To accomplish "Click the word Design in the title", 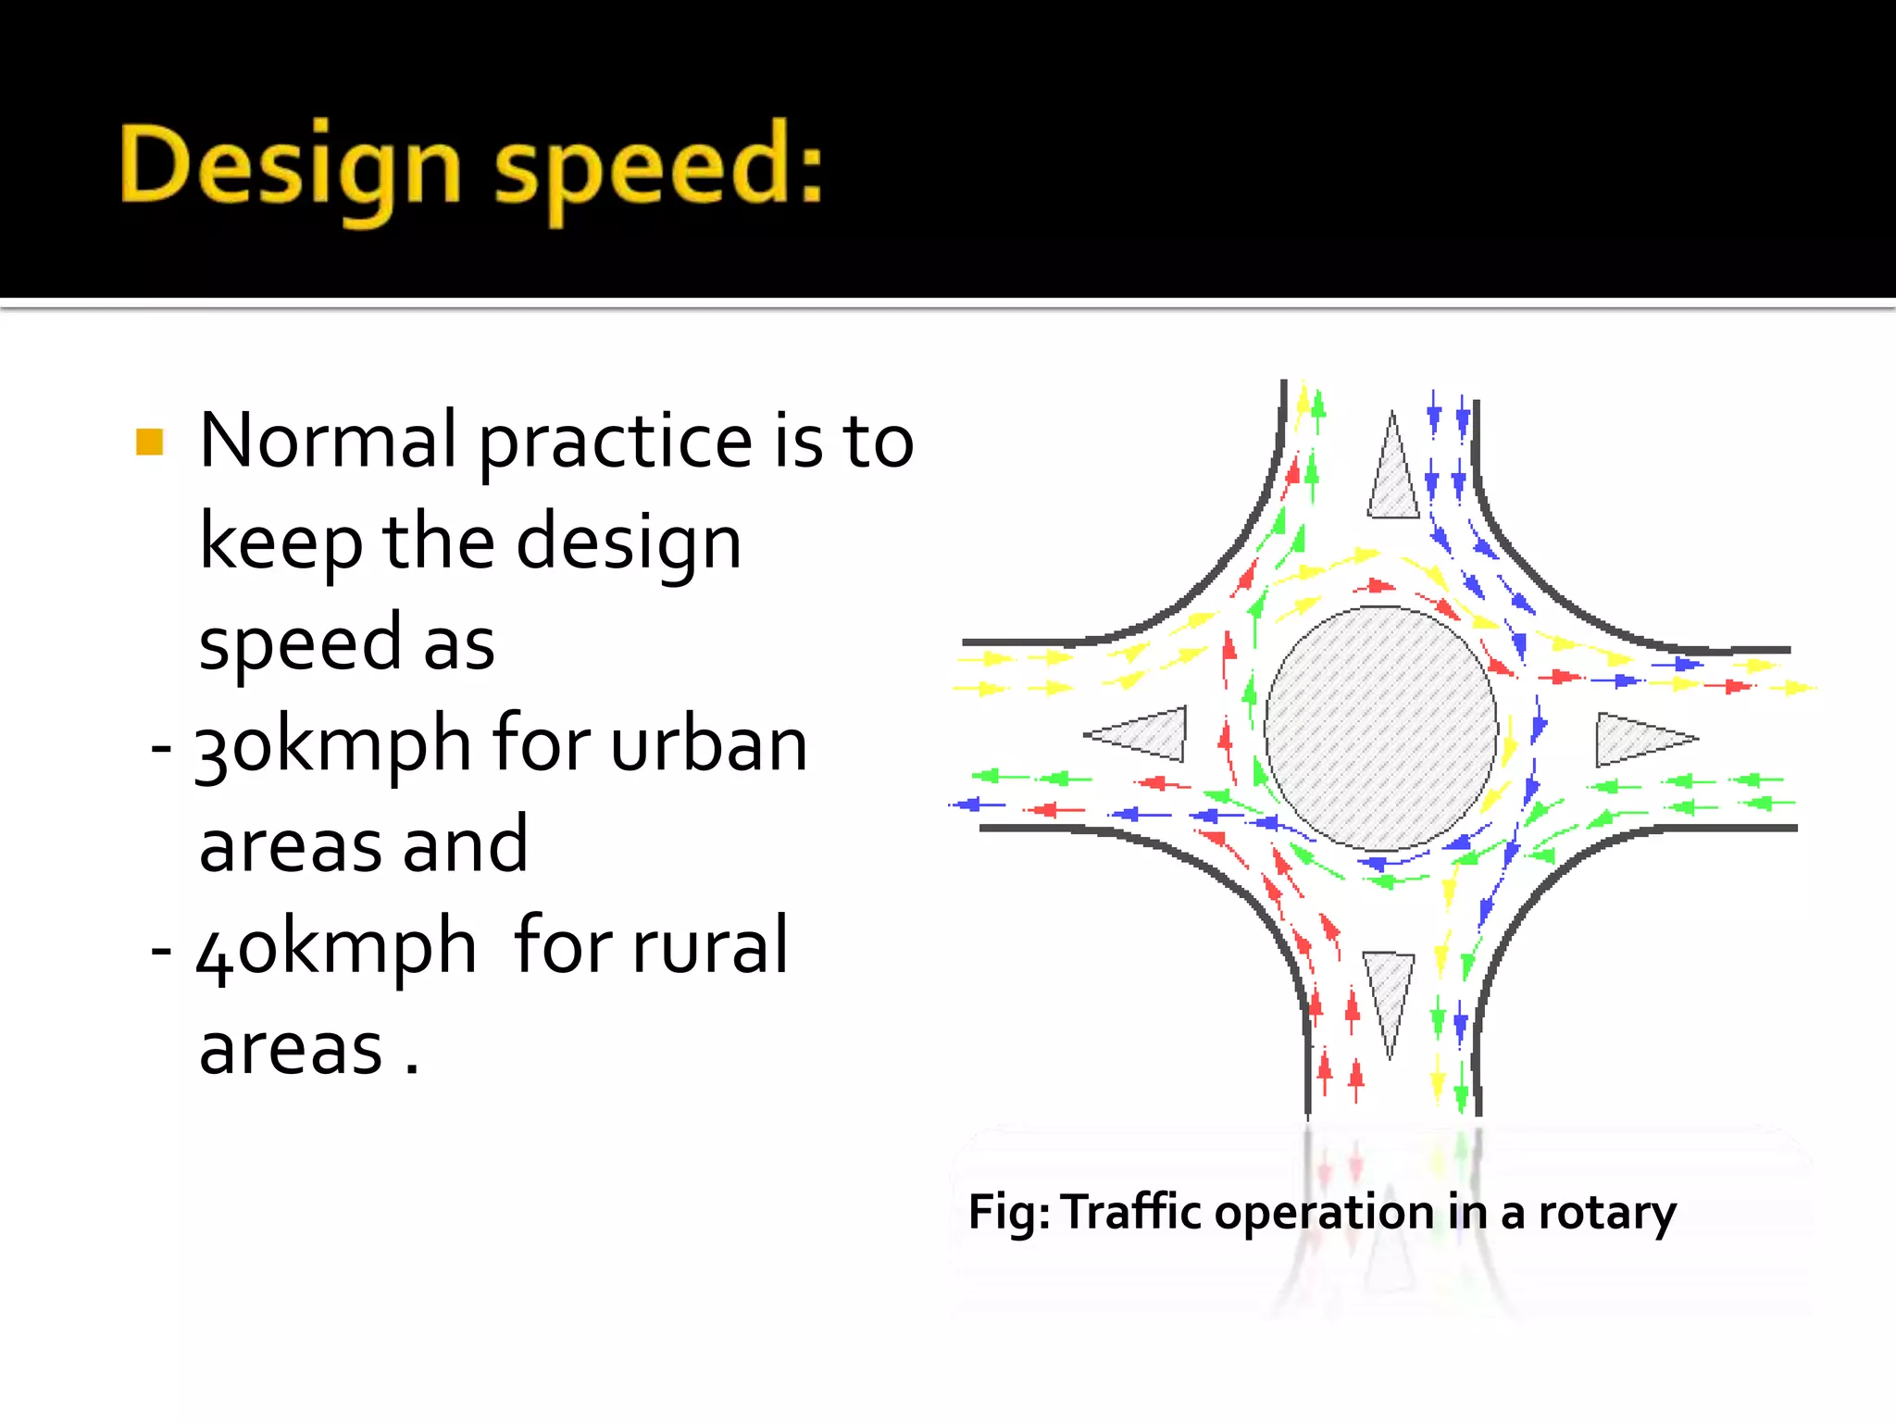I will (x=290, y=167).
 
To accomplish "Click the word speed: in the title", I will (x=658, y=167).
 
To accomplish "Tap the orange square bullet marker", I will (x=149, y=442).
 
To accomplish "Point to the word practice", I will (x=615, y=442).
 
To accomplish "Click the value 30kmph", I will (x=333, y=745).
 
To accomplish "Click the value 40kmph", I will (x=336, y=947).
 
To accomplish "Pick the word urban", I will (x=709, y=745).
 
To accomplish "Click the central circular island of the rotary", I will (x=1380, y=728).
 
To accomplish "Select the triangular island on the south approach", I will (x=1389, y=992).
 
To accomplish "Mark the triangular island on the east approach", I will (x=1637, y=739).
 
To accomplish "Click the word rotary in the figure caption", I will (x=1606, y=1213).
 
